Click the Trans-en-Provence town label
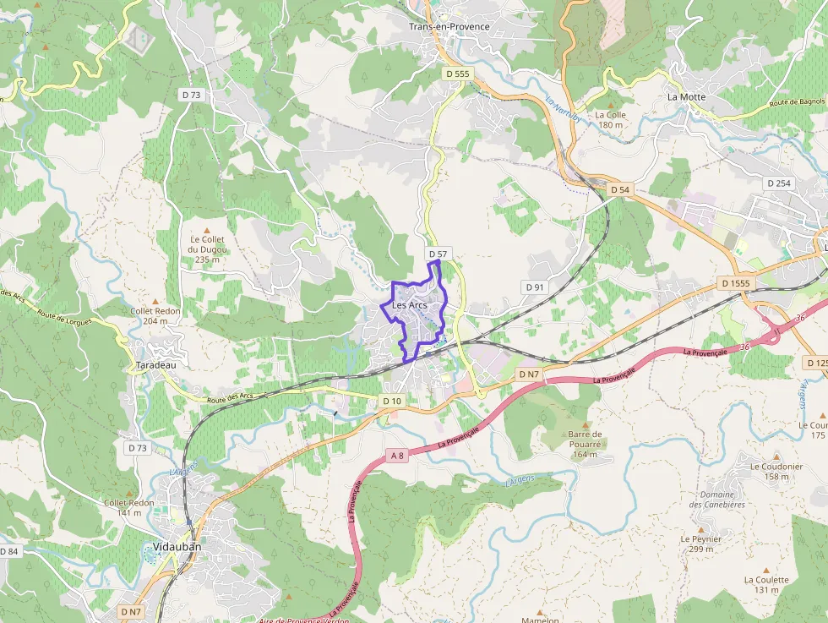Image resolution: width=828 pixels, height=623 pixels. [x=449, y=27]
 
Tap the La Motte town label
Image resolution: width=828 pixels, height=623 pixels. [x=686, y=96]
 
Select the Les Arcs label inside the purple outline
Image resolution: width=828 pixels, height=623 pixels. [x=410, y=305]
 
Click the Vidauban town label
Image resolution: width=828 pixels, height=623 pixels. [x=177, y=547]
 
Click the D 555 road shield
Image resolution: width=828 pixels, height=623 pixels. [x=457, y=74]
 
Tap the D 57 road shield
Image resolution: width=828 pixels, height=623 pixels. [x=437, y=254]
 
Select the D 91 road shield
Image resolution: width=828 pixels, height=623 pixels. [x=534, y=287]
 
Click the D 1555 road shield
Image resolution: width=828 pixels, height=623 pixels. [x=736, y=282]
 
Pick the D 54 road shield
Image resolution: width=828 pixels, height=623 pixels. [x=619, y=190]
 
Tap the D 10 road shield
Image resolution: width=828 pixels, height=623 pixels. [x=391, y=401]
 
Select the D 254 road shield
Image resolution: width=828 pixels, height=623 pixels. [x=778, y=183]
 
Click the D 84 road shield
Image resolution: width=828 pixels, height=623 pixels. [x=8, y=551]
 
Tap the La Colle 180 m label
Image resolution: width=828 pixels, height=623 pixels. [x=610, y=119]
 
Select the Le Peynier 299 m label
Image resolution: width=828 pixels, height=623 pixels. [x=700, y=543]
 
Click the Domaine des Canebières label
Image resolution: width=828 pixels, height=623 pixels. [x=716, y=499]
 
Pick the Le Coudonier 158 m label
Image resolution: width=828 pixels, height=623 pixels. [x=776, y=471]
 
